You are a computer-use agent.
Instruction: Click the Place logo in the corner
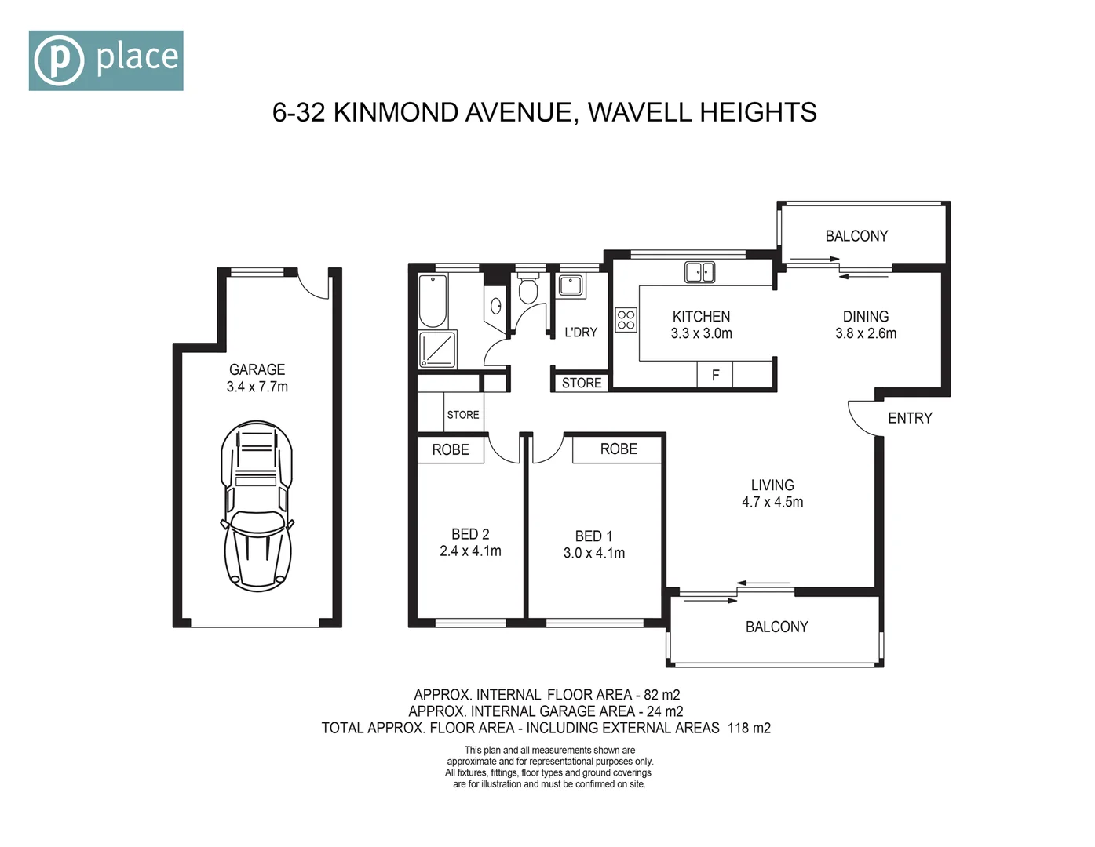(x=106, y=60)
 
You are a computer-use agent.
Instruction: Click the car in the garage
(x=257, y=506)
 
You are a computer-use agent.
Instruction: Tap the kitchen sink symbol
(x=699, y=272)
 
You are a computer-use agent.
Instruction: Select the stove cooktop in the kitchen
(x=626, y=320)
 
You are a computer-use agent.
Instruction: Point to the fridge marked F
(x=715, y=375)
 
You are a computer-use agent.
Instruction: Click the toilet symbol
(x=528, y=289)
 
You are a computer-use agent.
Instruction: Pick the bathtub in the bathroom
(x=433, y=301)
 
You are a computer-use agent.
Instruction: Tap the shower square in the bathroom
(x=437, y=349)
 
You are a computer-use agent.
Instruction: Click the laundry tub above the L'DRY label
(x=571, y=285)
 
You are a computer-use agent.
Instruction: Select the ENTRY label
(x=910, y=418)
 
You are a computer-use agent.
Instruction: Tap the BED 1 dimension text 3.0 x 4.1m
(x=594, y=553)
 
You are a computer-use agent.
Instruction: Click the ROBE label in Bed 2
(x=451, y=449)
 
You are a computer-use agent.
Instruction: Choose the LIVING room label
(x=772, y=485)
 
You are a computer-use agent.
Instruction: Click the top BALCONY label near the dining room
(x=856, y=236)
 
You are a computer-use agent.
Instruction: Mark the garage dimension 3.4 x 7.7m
(x=257, y=387)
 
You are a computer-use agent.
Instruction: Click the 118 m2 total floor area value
(x=749, y=728)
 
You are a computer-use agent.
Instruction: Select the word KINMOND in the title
(x=396, y=113)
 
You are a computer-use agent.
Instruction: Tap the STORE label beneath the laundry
(x=582, y=383)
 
